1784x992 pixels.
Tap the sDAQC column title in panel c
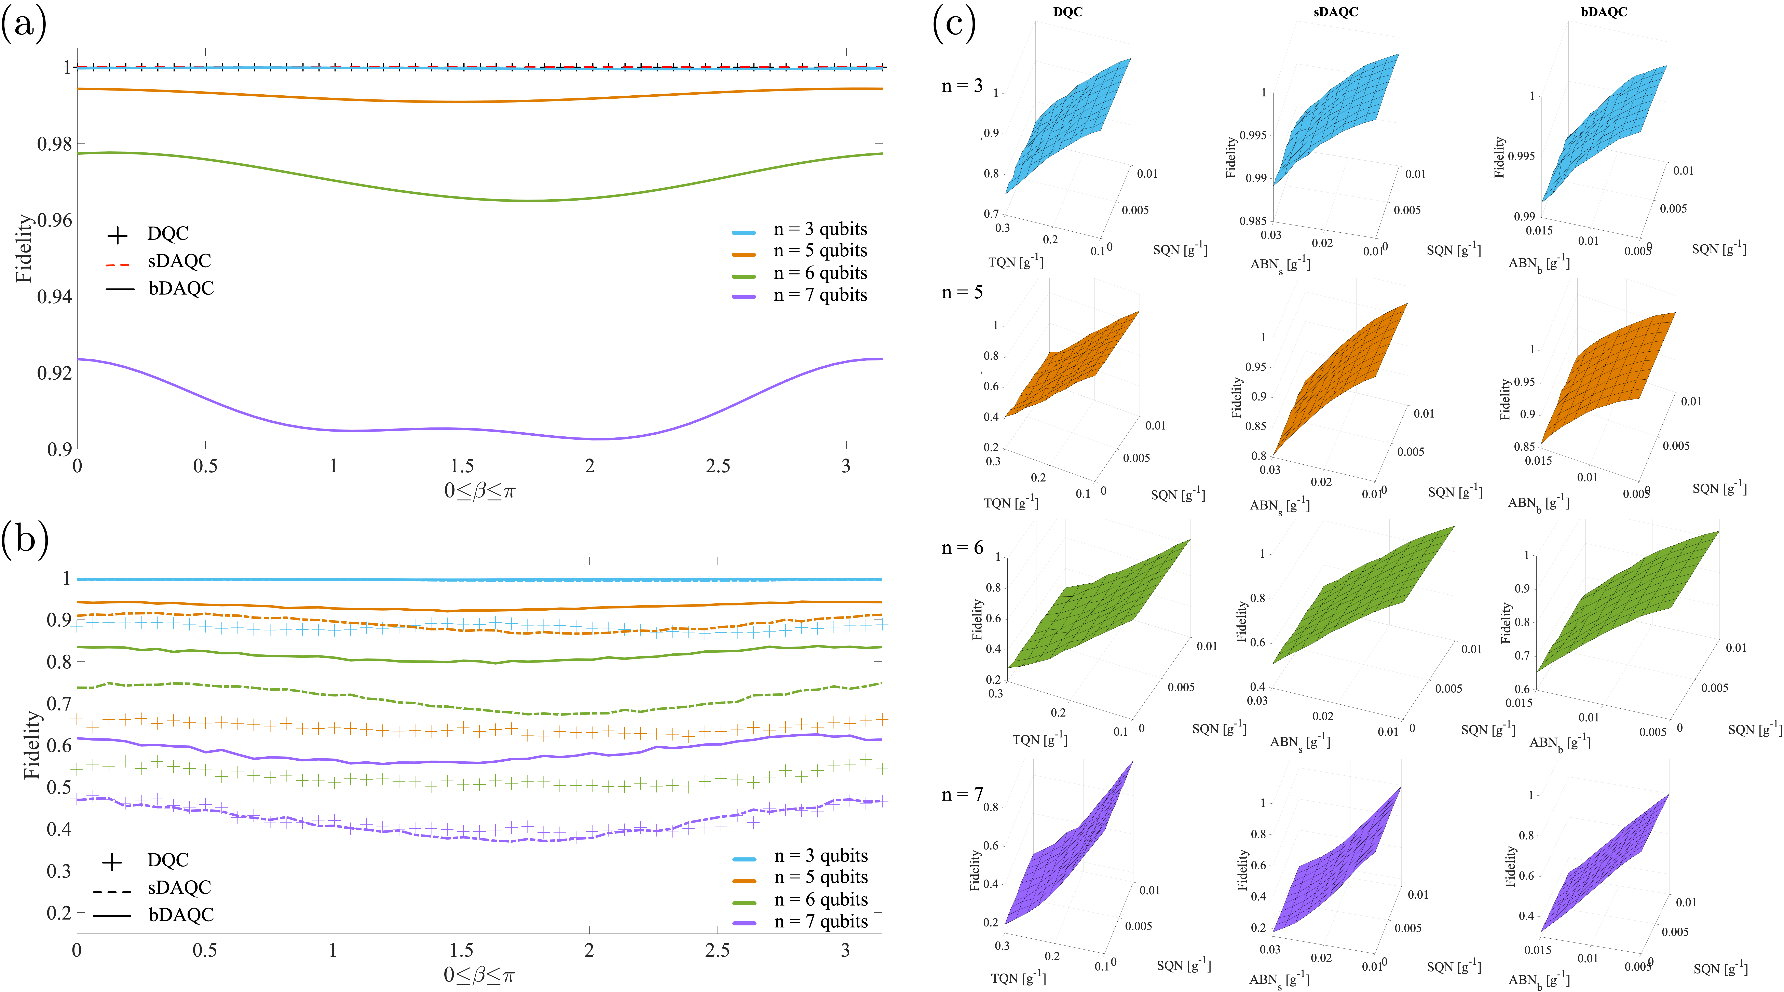point(1335,12)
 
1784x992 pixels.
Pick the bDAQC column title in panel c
point(1603,12)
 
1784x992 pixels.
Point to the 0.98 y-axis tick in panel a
point(54,144)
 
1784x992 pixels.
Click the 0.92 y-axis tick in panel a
point(54,373)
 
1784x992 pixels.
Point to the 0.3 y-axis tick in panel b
point(59,871)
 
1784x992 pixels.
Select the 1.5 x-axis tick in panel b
point(461,950)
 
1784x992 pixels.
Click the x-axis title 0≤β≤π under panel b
point(479,975)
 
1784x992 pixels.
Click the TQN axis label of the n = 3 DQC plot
point(1015,262)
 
